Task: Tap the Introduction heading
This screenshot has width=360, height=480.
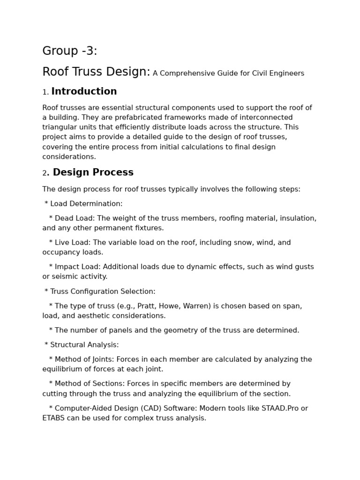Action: pos(84,91)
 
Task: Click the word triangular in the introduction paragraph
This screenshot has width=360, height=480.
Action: pos(60,127)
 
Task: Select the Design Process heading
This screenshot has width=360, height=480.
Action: pos(93,172)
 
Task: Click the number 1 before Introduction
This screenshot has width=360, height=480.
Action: pos(45,92)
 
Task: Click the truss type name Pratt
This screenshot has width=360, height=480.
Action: pos(155,306)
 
